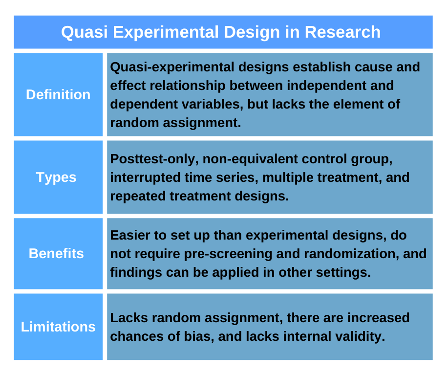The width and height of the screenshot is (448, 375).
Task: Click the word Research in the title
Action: pos(342,32)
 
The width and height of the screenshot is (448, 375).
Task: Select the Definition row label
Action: pos(58,94)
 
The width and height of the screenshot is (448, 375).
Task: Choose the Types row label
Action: pos(56,177)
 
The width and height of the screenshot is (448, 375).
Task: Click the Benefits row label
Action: pos(56,253)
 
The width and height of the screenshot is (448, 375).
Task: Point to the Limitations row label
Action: pos(58,327)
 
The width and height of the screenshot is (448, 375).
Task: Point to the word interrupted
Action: pos(143,177)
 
